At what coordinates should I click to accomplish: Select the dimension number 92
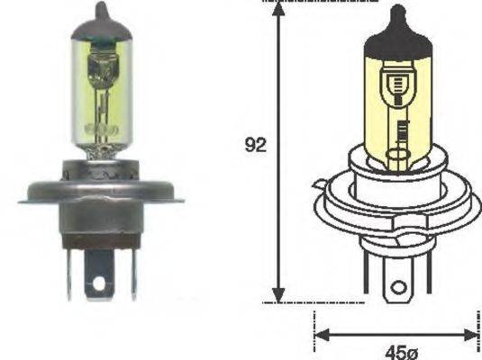pyautogui.click(x=256, y=145)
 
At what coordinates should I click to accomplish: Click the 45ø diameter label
pyautogui.click(x=397, y=352)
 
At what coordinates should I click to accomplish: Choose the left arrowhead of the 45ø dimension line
pyautogui.click(x=320, y=334)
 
